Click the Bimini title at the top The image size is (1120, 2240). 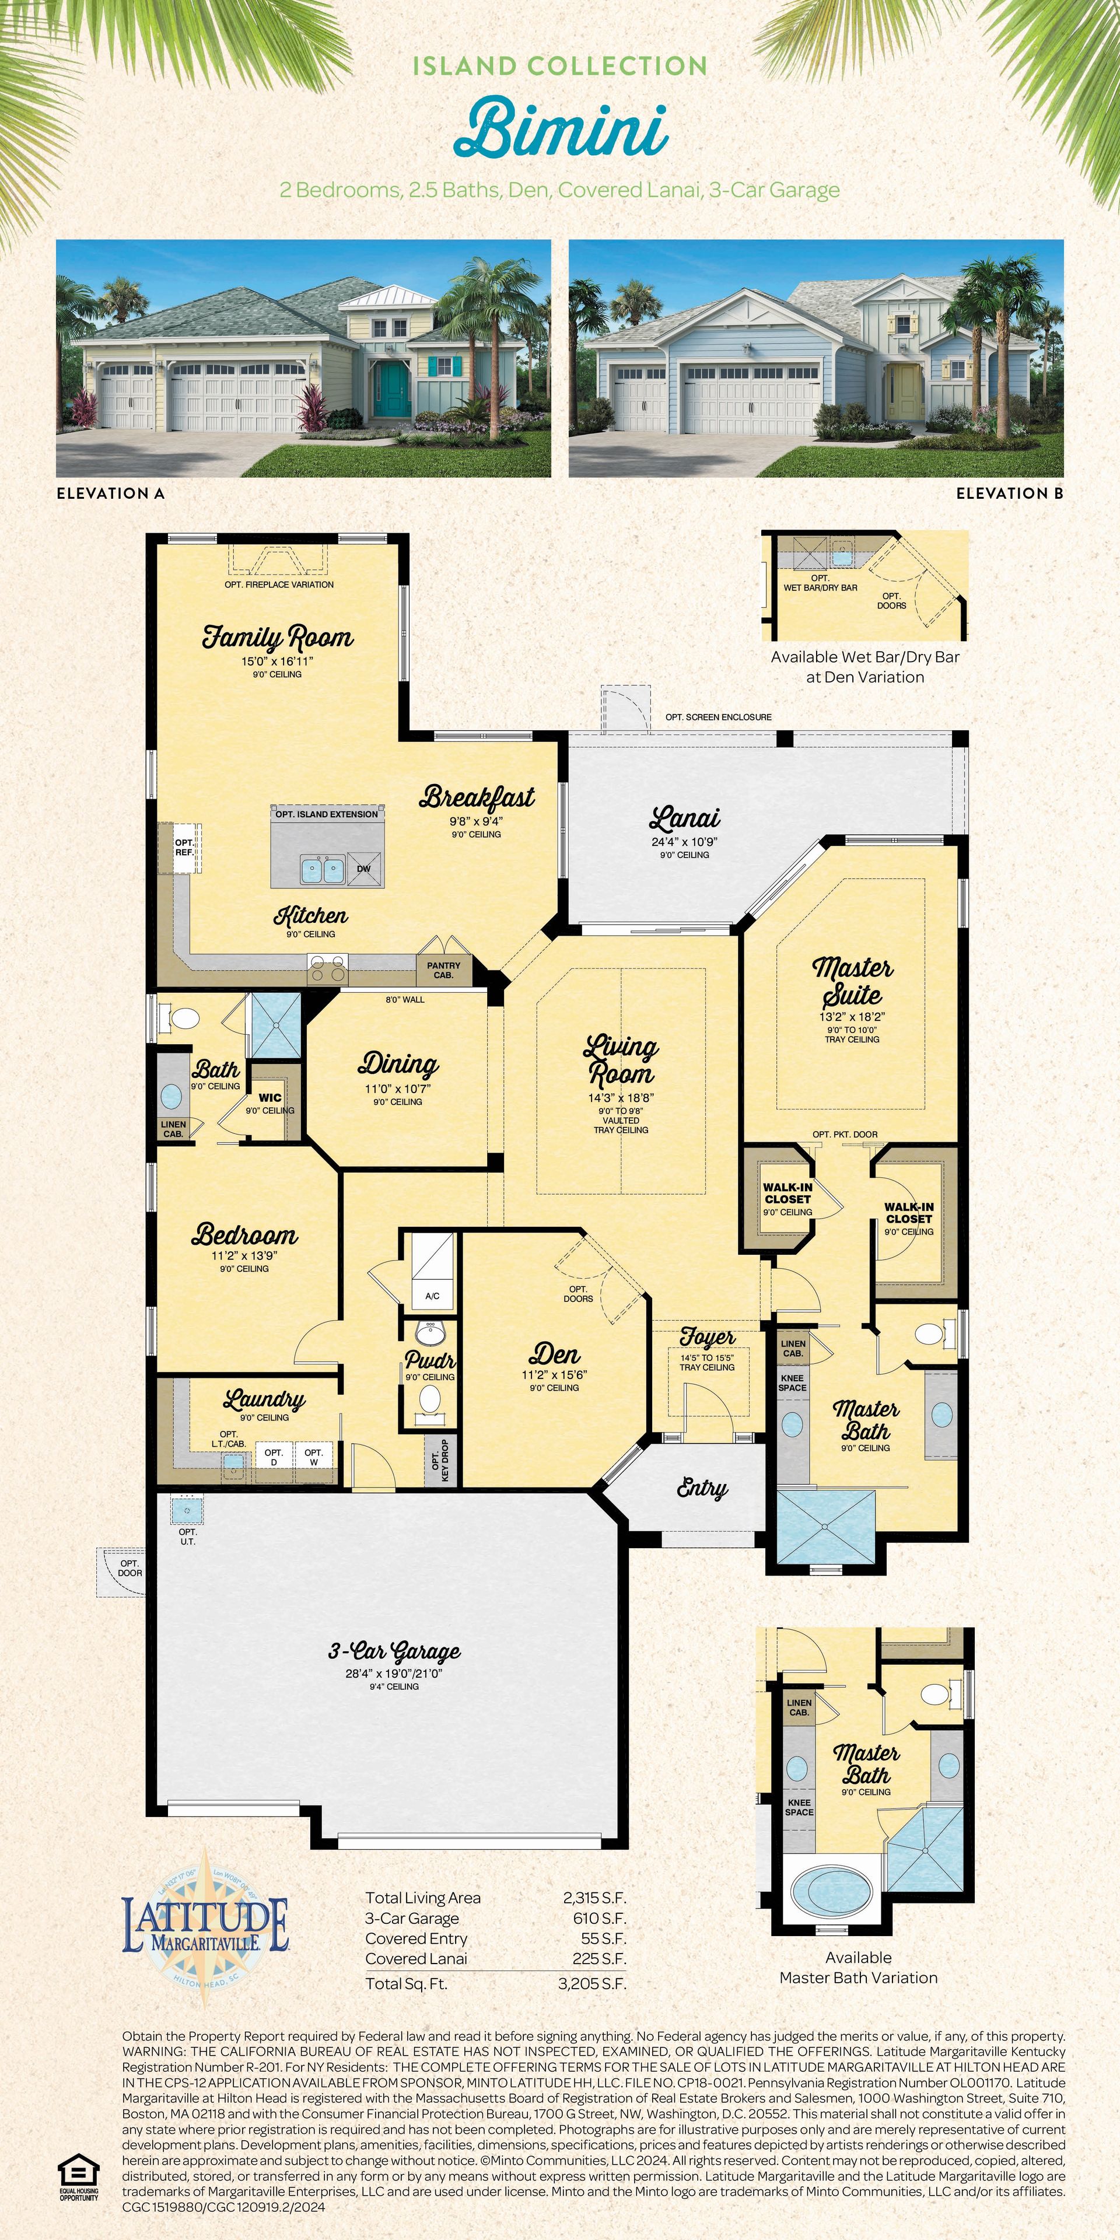[x=561, y=129]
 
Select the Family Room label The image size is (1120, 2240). [x=278, y=638]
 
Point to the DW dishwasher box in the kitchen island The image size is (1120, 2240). [x=363, y=869]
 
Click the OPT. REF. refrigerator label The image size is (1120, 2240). [x=184, y=848]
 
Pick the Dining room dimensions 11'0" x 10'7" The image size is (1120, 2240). [x=398, y=1088]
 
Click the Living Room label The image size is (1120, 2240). [x=621, y=1059]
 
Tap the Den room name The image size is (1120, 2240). [x=555, y=1354]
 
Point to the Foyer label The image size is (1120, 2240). [x=707, y=1336]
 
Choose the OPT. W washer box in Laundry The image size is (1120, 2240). [x=314, y=1457]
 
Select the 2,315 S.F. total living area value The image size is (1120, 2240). [x=595, y=1898]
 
